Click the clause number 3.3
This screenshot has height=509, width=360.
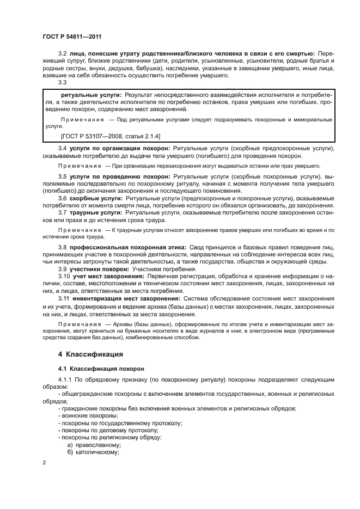tap(62, 82)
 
